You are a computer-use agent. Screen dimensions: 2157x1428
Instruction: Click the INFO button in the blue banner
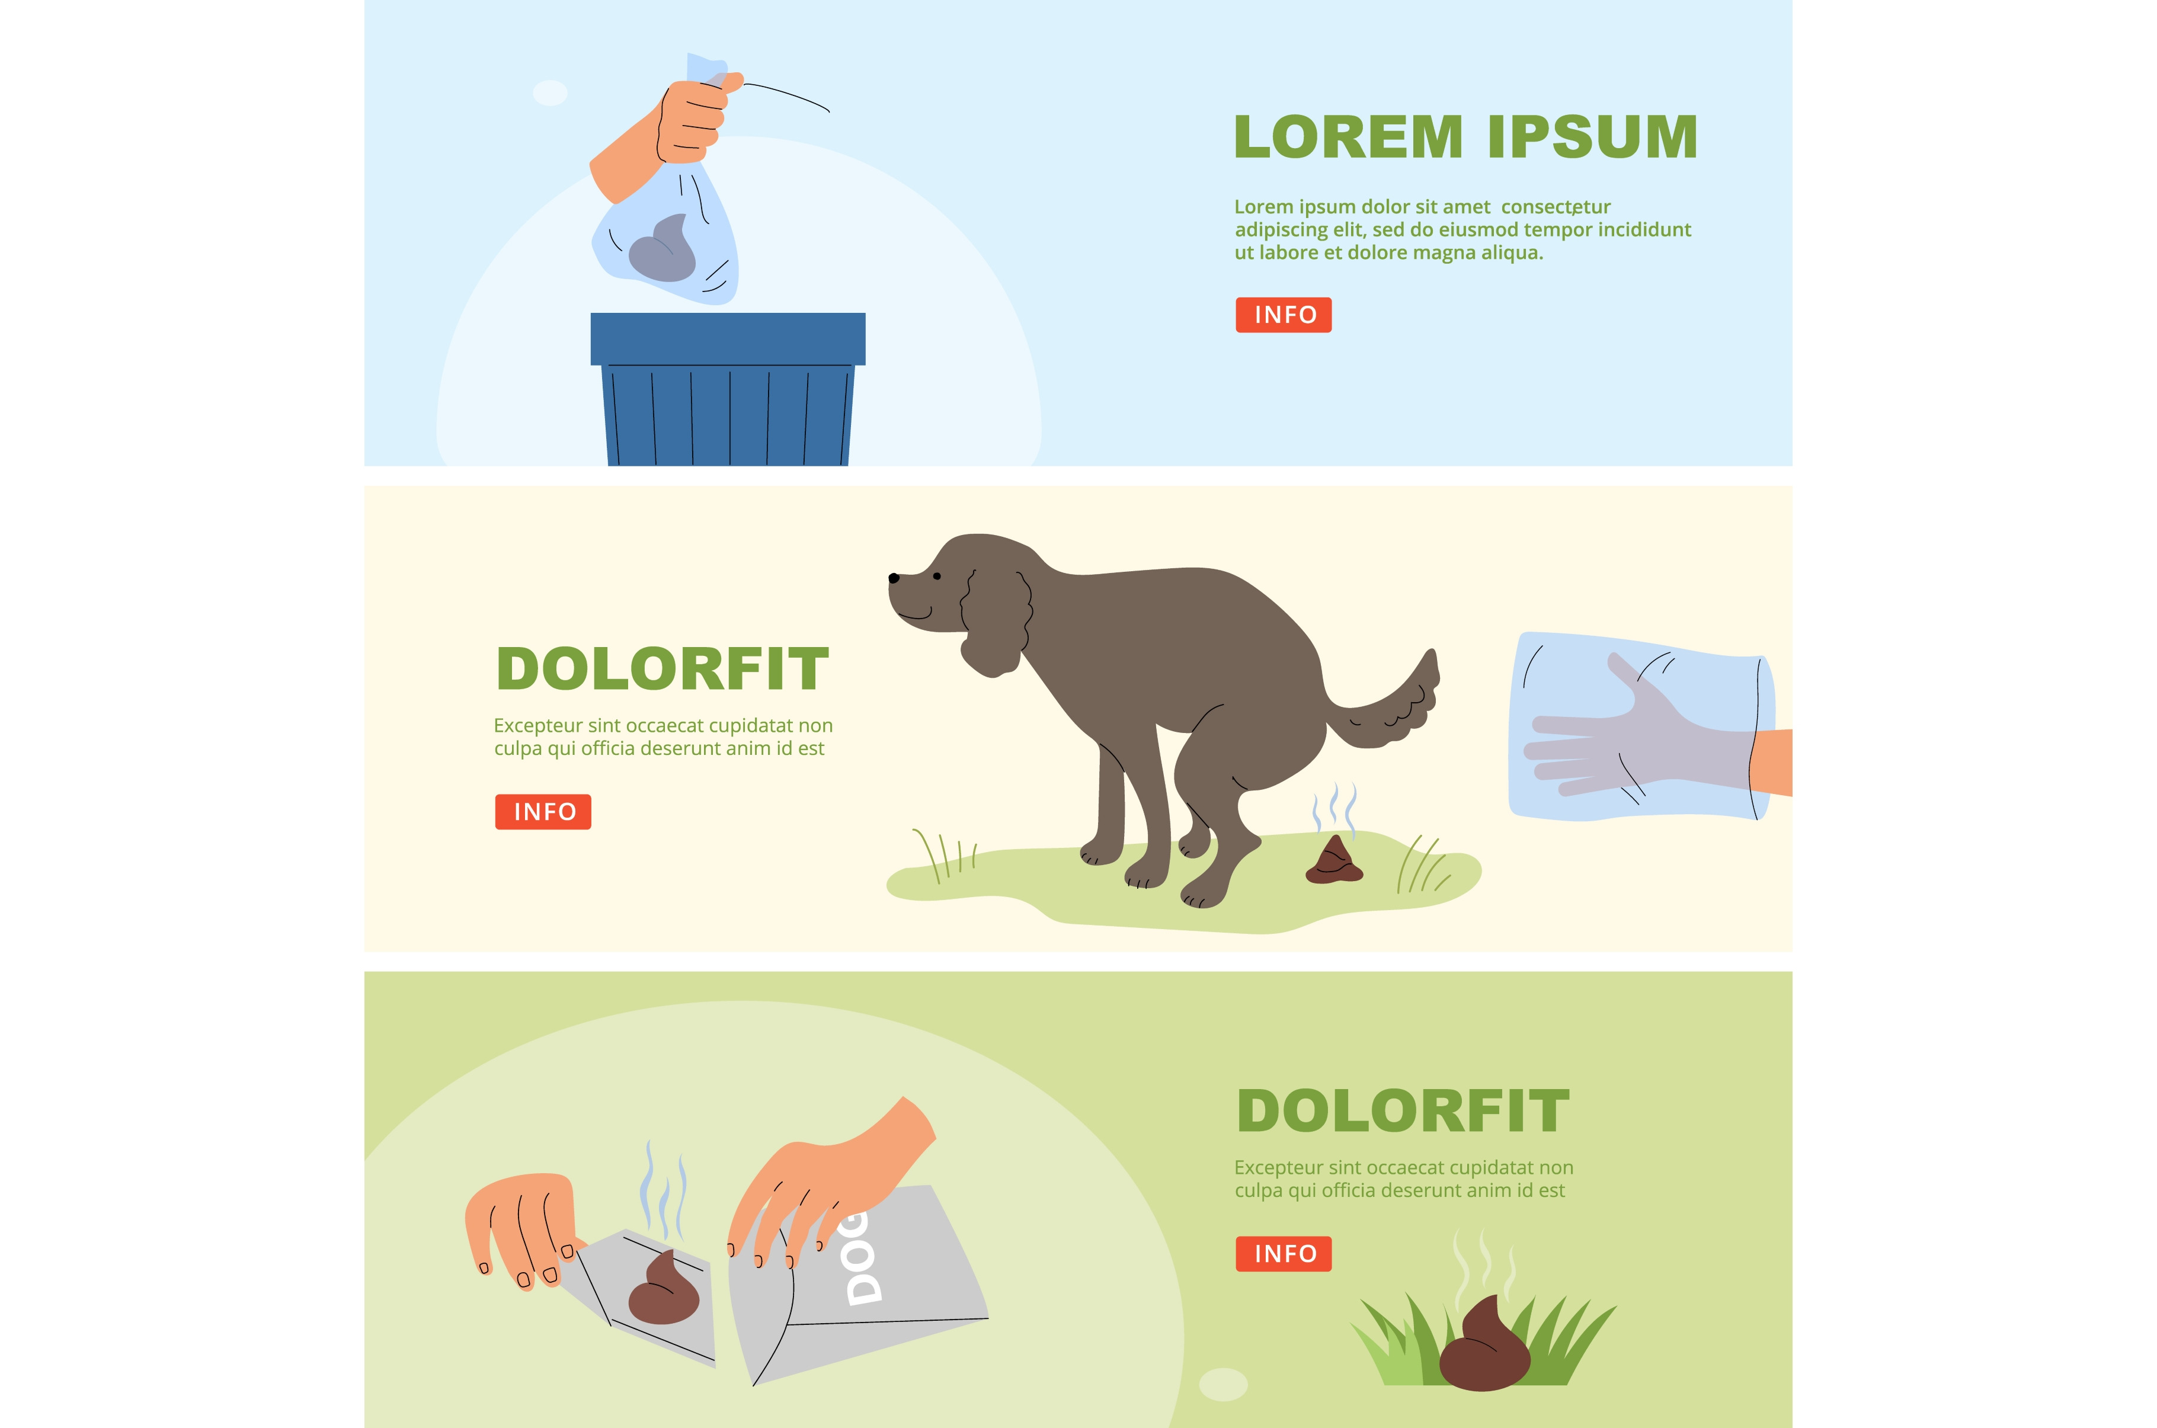coord(1283,315)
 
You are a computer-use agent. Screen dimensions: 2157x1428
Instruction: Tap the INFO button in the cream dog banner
coord(543,811)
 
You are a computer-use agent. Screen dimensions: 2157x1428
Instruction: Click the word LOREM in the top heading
coord(1348,137)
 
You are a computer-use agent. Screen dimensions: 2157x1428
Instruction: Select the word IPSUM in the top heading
coord(1592,137)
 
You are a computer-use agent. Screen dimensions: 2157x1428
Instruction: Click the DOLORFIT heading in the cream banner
coord(662,670)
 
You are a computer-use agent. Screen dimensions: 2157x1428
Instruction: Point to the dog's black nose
coord(893,577)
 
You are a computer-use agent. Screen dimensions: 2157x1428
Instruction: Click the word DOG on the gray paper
coord(862,1258)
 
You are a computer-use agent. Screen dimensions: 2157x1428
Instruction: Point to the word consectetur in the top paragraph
coord(1556,207)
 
